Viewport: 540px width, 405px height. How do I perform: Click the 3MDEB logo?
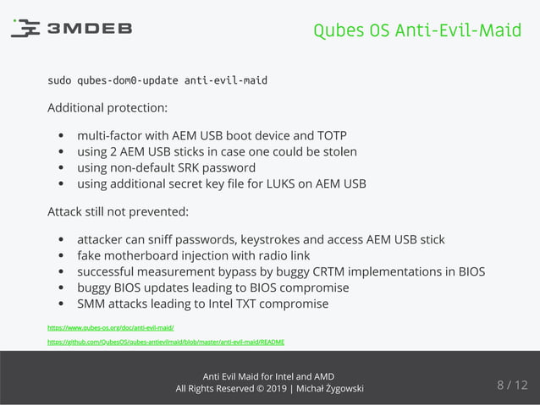point(72,29)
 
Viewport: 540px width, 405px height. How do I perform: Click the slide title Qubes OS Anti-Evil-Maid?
point(417,30)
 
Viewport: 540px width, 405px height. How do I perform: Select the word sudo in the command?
point(59,81)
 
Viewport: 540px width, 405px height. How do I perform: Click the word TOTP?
point(329,135)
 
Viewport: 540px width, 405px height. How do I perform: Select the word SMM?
point(92,304)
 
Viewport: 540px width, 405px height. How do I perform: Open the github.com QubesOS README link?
point(166,342)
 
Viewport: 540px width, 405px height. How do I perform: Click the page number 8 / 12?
point(511,386)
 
